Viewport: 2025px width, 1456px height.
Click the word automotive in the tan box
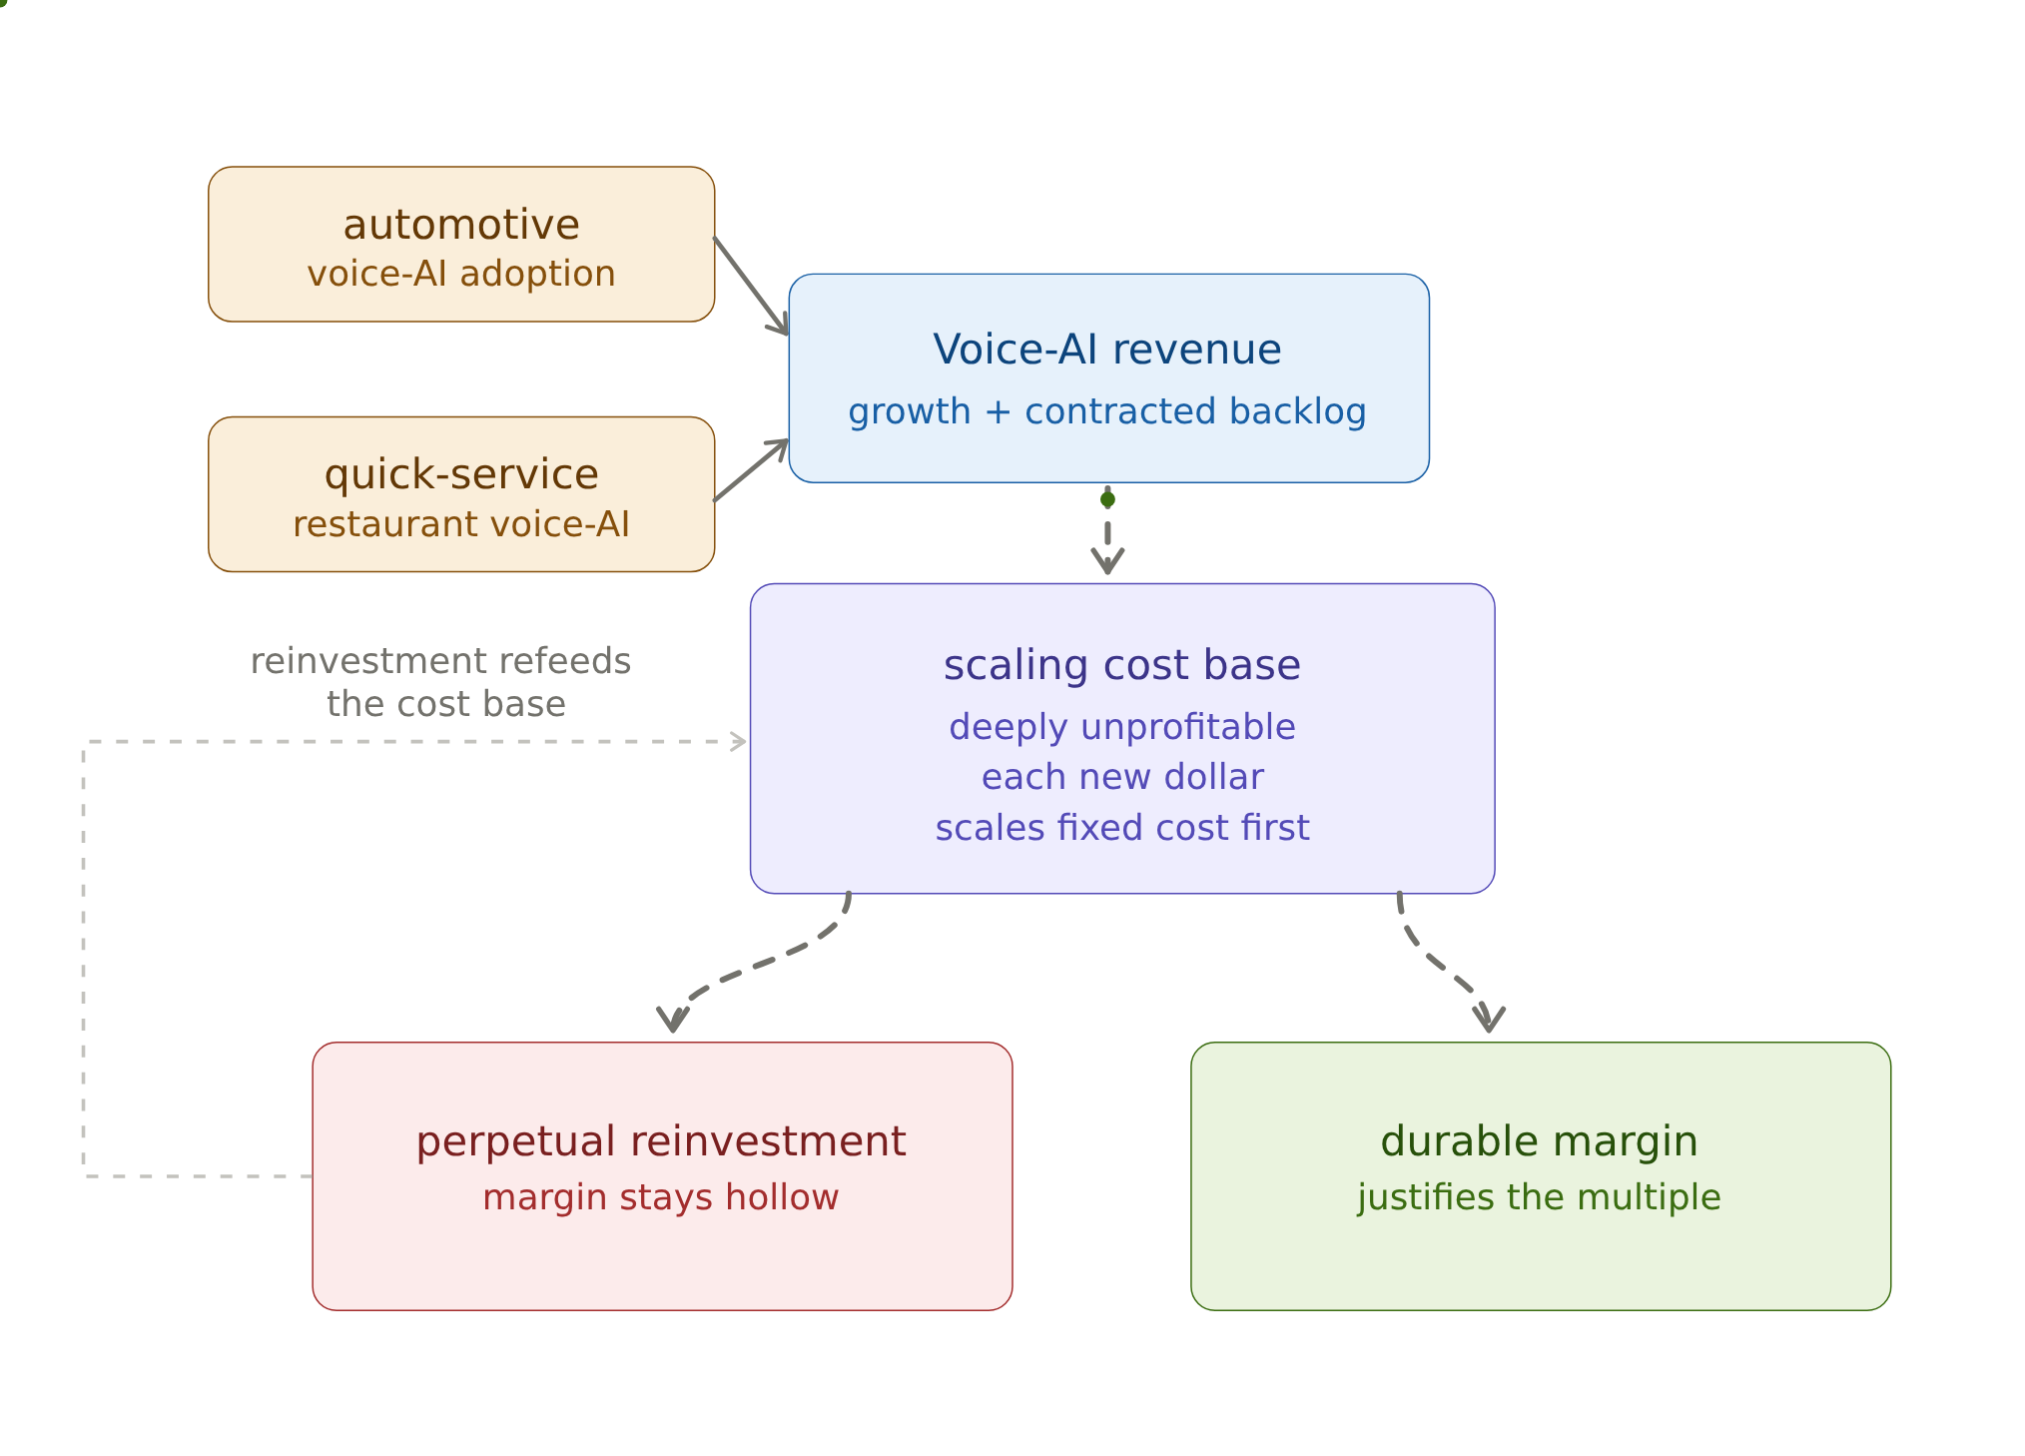click(461, 225)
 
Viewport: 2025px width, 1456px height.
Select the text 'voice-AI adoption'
click(461, 274)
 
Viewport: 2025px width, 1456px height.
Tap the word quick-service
click(461, 475)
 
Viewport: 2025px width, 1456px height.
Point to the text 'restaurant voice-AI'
click(461, 524)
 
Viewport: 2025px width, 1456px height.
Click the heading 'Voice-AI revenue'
click(1107, 350)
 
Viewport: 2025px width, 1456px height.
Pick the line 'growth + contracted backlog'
click(1107, 411)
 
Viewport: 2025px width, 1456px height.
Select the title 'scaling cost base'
click(1122, 665)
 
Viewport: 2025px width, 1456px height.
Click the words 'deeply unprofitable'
click(1122, 727)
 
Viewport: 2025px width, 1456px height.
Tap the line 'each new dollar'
click(1122, 777)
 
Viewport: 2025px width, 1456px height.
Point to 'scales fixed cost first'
click(1122, 828)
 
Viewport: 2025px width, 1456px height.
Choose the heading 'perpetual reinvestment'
click(661, 1141)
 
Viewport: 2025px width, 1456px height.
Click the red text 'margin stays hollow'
click(661, 1197)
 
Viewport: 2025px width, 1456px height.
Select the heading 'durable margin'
click(1539, 1141)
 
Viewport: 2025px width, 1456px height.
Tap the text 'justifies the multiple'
click(1539, 1197)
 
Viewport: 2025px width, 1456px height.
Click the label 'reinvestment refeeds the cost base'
click(440, 683)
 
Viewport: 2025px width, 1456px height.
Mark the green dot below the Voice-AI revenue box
click(1107, 499)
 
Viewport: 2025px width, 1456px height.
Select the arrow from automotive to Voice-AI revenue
click(751, 287)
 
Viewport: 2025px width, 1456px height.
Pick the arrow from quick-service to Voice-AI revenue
click(751, 470)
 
